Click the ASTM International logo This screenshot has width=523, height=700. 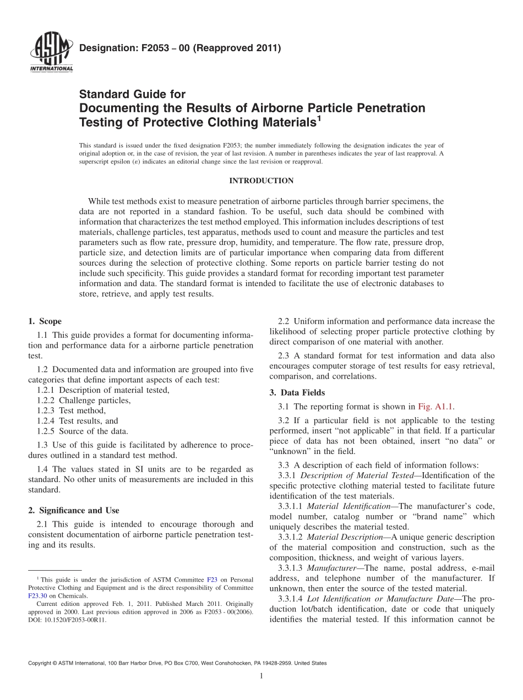51,52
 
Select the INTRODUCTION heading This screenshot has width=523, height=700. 261,181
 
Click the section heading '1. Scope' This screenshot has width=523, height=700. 45,321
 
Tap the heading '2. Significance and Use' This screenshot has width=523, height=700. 73,510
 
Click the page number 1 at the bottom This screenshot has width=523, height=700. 261,676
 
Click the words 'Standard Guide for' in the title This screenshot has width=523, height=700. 133,94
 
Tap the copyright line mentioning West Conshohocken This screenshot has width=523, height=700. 177,664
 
